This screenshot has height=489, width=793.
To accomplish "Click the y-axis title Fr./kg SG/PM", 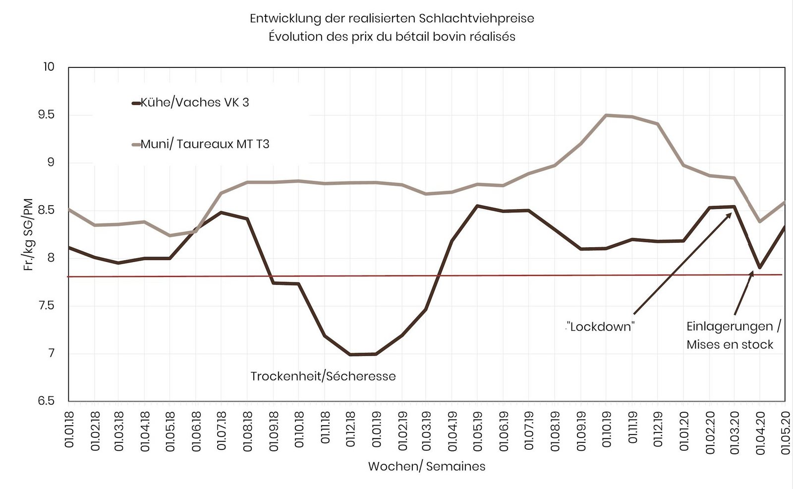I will click(28, 234).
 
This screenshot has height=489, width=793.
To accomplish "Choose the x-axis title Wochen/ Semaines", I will click(427, 466).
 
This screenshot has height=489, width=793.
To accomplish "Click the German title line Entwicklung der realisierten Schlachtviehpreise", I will click(392, 19).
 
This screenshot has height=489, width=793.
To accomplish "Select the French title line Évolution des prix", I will click(392, 37).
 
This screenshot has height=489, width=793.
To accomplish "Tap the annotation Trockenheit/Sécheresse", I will click(323, 376).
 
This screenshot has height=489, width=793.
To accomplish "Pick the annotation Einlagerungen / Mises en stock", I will click(733, 335).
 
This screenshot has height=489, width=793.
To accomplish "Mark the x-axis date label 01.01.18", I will click(69, 429).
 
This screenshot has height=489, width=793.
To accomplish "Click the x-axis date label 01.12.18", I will click(350, 429).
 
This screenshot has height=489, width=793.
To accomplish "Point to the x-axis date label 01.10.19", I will click(606, 429).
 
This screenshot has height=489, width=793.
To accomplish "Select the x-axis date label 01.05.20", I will click(785, 429).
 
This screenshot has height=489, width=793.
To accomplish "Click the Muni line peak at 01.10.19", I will click(606, 115).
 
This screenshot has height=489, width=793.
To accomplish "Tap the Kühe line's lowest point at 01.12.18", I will click(350, 354).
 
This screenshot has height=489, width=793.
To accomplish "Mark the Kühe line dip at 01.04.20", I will click(760, 268).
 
